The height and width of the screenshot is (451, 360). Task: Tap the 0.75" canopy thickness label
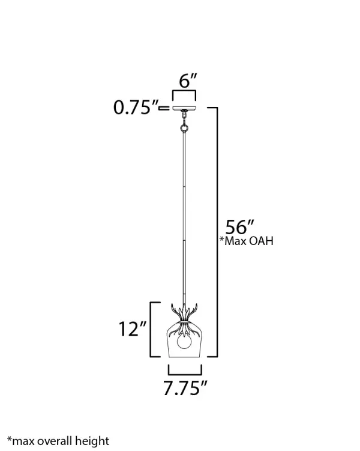pos(136,107)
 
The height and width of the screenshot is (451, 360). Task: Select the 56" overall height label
pos(239,227)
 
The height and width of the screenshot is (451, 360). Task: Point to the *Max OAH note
pos(246,241)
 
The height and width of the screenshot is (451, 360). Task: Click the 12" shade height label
pos(133,328)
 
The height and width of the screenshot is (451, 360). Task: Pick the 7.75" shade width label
pos(185,388)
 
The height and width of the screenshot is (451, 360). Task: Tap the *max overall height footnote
pos(58,441)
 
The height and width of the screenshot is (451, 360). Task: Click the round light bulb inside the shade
pos(184,341)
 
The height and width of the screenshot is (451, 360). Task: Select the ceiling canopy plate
pos(184,108)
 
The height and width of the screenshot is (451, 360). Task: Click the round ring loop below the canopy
pos(184,128)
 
